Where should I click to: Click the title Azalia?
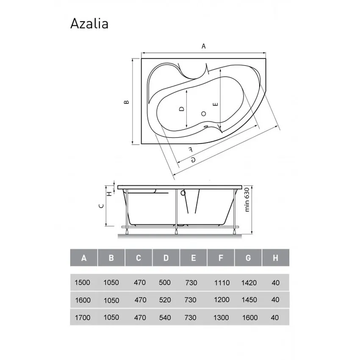point(89,24)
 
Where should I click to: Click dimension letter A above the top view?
point(204,47)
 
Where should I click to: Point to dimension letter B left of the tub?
point(126,102)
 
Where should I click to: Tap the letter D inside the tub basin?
point(181,109)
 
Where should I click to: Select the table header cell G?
point(248,258)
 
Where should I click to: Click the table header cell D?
point(166,258)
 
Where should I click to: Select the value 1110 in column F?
point(221,282)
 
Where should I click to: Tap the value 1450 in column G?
point(249,300)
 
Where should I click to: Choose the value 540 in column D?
point(165,318)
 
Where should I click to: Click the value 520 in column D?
point(165,300)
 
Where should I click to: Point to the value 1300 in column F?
point(221,318)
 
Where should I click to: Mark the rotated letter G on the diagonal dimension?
point(193,159)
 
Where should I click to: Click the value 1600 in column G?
point(249,318)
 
